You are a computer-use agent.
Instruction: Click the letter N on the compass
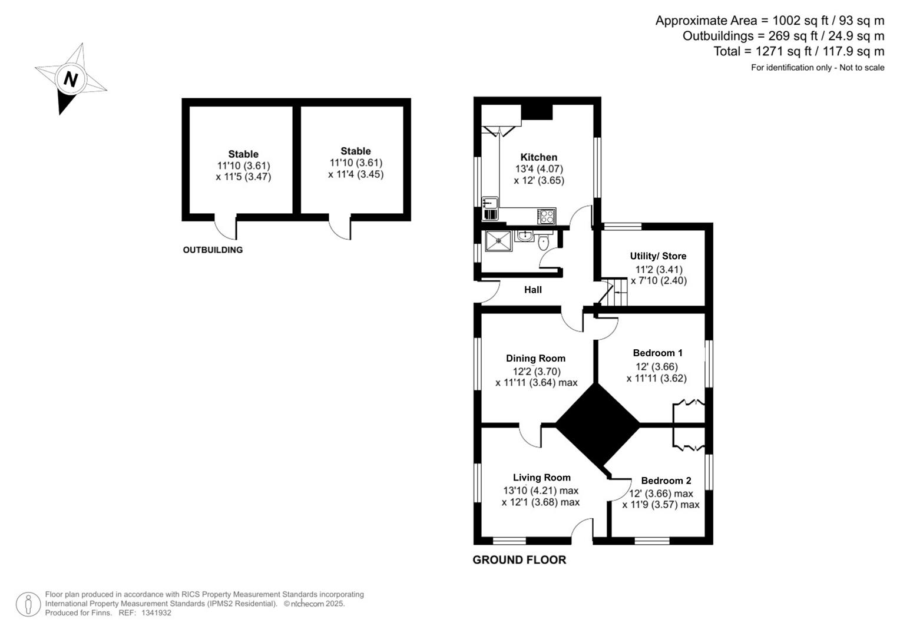71,79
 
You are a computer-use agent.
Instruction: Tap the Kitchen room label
538,157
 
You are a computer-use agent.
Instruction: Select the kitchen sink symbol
489,208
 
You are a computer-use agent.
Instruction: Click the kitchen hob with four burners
546,216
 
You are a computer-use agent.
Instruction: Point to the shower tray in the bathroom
498,241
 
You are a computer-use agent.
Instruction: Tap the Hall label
532,290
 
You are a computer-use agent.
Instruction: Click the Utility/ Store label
658,256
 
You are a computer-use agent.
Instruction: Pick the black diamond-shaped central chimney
597,425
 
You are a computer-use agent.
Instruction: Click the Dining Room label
535,359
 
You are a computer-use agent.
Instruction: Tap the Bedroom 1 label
657,353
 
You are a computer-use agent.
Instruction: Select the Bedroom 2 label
666,481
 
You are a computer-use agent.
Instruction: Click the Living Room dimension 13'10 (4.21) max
540,491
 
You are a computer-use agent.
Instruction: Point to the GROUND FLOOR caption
519,560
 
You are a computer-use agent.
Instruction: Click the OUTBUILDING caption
212,250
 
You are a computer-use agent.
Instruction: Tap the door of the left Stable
225,228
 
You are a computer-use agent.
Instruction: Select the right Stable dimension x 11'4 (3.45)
356,174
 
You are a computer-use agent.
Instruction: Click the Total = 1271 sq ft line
798,51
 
